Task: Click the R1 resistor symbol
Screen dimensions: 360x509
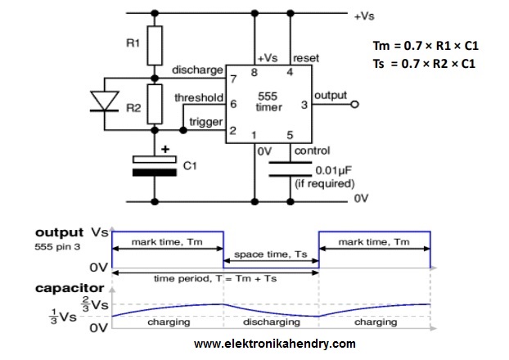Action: point(155,46)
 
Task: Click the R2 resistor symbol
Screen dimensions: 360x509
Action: point(155,104)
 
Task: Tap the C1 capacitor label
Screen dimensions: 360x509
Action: point(190,166)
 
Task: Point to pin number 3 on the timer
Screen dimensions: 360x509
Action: point(304,104)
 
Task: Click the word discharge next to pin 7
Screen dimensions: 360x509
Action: point(197,70)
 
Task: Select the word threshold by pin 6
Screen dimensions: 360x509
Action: point(200,98)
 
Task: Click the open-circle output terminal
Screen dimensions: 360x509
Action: point(354,105)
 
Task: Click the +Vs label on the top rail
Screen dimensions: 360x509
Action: point(365,16)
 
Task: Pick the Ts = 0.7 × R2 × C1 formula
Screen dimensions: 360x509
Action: point(430,63)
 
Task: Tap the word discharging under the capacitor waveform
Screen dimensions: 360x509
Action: point(269,322)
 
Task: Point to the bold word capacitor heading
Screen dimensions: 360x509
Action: point(70,288)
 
